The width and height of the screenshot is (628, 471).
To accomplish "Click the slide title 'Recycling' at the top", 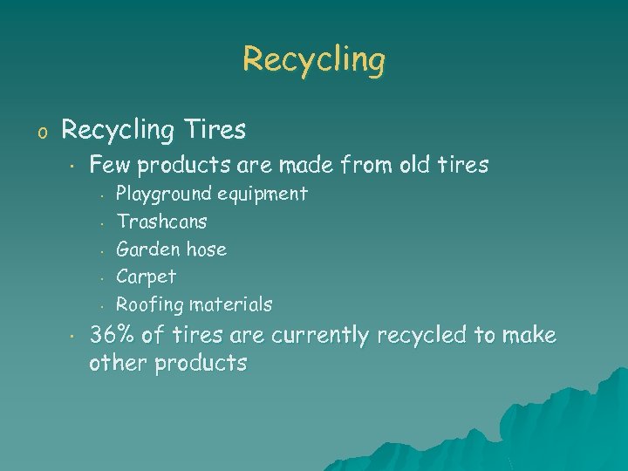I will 314,59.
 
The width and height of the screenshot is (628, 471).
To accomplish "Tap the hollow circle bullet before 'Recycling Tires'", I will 38,133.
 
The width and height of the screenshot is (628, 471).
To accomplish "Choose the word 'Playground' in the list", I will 164,194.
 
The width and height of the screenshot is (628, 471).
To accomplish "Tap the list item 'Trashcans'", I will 161,222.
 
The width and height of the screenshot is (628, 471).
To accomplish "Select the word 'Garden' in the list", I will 144,249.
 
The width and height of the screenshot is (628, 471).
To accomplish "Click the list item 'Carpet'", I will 146,277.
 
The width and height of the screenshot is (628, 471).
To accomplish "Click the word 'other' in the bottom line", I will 119,363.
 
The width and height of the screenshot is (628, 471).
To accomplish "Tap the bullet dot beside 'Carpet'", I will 102,278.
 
